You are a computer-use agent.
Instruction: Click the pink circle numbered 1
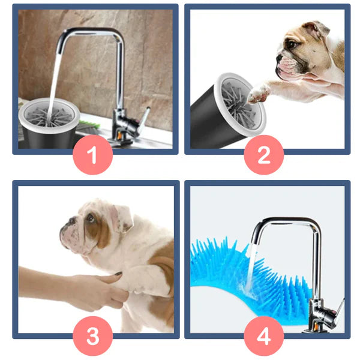[93, 155]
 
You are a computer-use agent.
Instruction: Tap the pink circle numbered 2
[264, 155]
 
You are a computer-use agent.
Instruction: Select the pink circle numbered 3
[93, 336]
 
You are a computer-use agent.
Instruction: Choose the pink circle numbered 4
[264, 336]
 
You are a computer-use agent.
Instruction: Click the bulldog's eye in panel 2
[292, 43]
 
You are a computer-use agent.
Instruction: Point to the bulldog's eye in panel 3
[90, 218]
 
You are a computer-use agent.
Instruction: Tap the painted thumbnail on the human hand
[118, 274]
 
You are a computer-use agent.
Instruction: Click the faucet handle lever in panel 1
[145, 119]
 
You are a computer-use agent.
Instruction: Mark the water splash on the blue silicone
[248, 289]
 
